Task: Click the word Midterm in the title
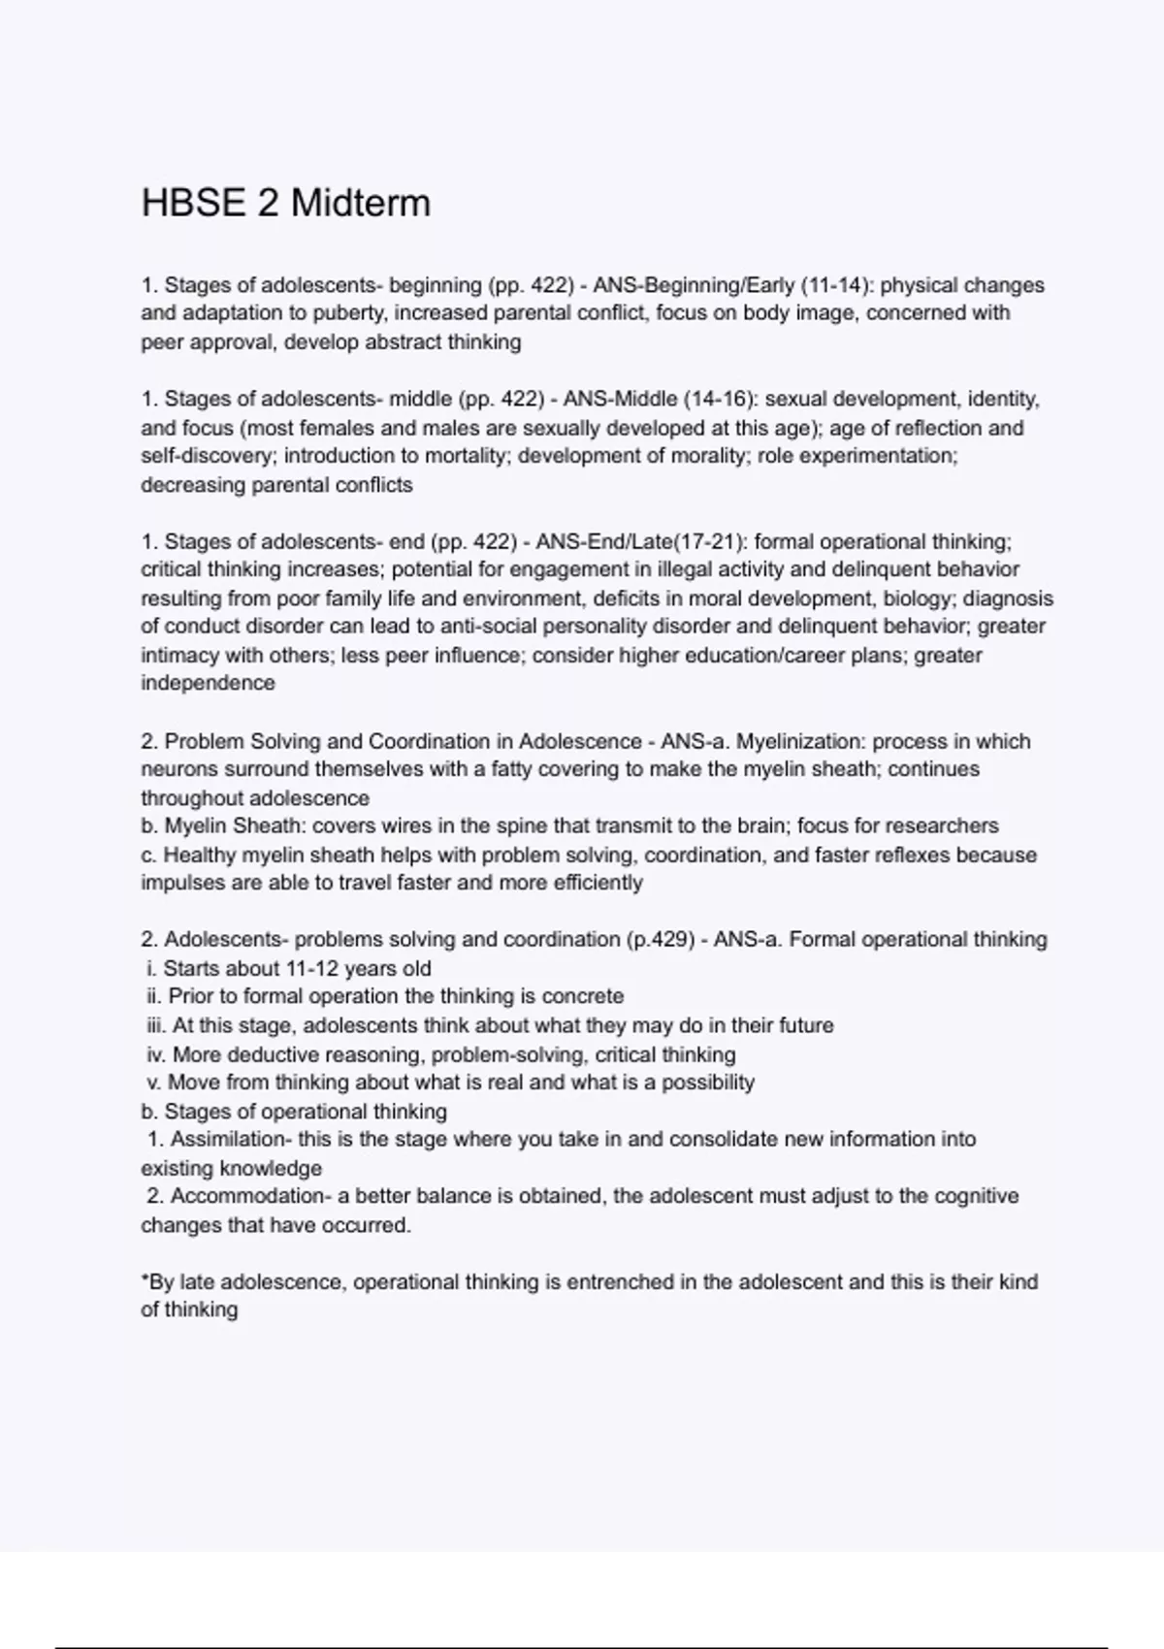click(360, 204)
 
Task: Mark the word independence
click(208, 684)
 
